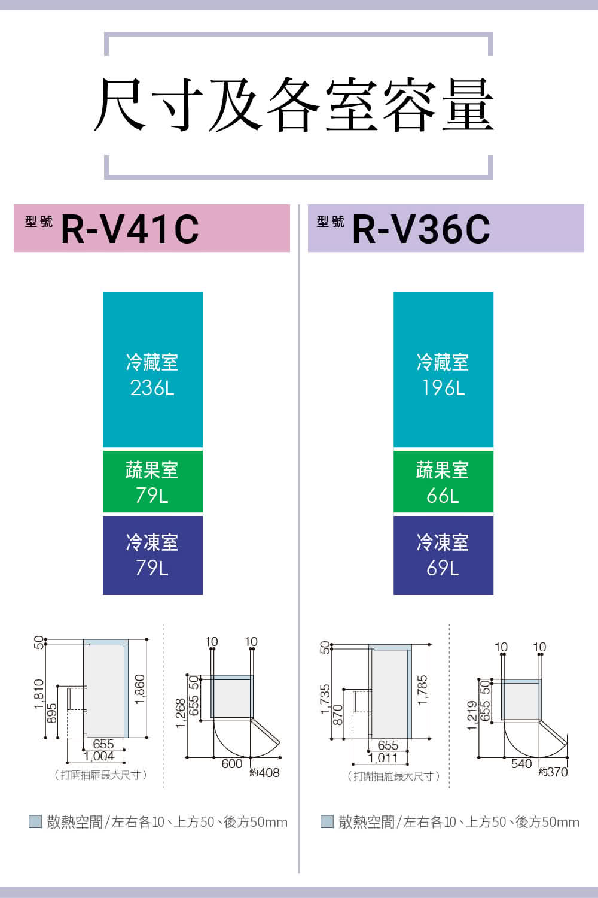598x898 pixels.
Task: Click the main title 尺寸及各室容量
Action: [294, 105]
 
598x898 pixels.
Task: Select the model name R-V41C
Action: [130, 229]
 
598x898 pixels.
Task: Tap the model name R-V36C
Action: [421, 229]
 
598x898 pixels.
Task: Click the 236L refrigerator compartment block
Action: [152, 370]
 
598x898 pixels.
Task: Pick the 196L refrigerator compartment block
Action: [443, 370]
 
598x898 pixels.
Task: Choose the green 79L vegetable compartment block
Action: [152, 482]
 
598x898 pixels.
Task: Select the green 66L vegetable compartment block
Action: [443, 482]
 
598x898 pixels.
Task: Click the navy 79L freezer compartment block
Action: [152, 555]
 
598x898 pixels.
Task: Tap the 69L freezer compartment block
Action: [443, 555]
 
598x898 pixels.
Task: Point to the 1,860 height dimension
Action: [139, 689]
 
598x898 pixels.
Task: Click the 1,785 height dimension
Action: [422, 690]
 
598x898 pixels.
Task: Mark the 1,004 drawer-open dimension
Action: [99, 757]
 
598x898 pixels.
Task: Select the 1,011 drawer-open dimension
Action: [383, 758]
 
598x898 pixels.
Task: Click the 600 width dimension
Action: [232, 764]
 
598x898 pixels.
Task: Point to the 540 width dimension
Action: [521, 764]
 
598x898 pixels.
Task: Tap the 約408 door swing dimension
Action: [265, 772]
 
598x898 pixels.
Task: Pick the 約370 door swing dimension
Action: [553, 772]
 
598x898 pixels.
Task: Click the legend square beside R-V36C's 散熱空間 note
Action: [327, 821]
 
